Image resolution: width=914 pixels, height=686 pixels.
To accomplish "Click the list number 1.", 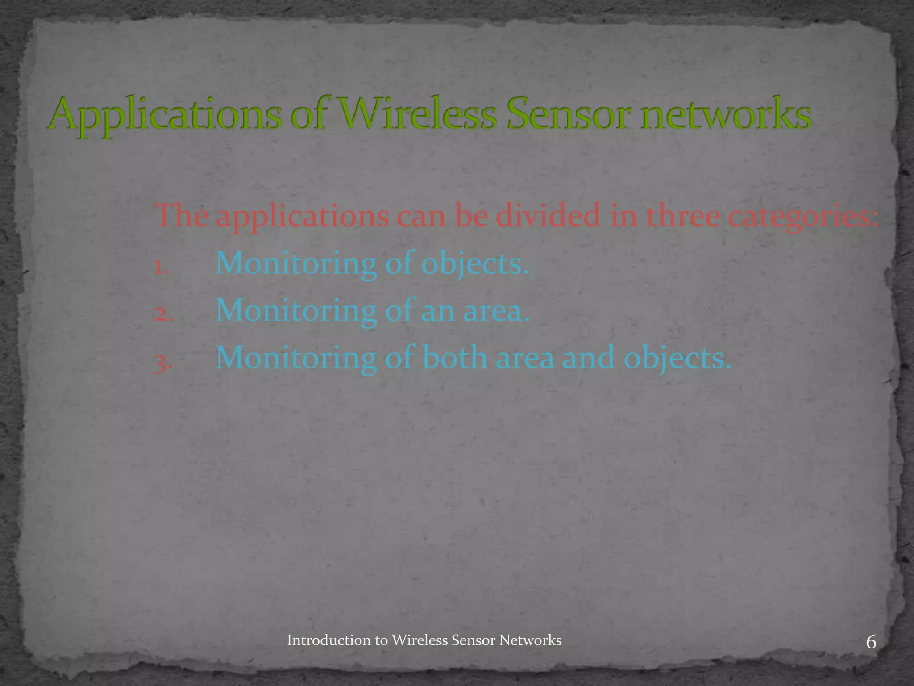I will [160, 267].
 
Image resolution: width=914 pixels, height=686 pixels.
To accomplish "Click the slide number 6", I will [871, 643].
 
